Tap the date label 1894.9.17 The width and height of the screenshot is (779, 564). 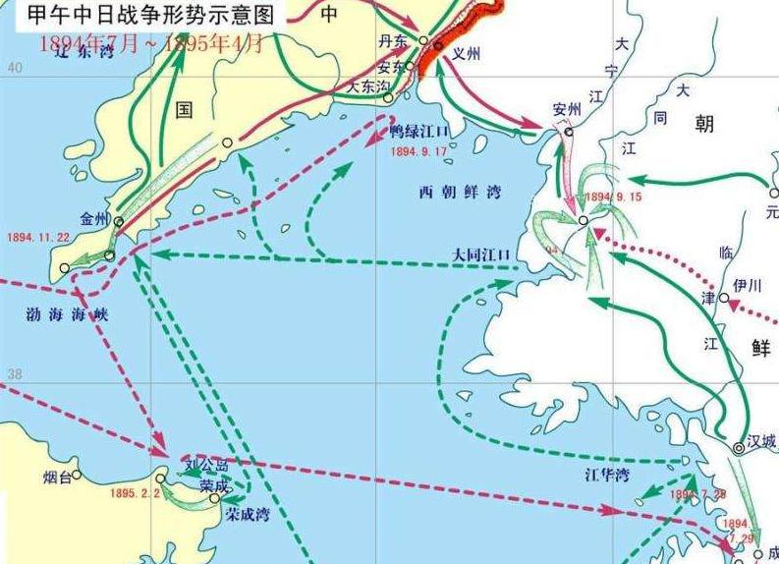coord(418,152)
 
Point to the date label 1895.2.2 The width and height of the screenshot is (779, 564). coord(136,493)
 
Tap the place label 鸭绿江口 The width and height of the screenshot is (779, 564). coord(419,131)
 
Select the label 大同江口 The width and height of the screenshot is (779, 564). coord(482,254)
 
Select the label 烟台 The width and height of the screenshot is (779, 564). coord(58,478)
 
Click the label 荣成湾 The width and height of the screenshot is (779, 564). coord(246,513)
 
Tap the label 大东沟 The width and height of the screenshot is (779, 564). coord(367,86)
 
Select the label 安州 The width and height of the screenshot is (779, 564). coord(568,108)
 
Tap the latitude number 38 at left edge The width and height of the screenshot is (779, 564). coord(14,375)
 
